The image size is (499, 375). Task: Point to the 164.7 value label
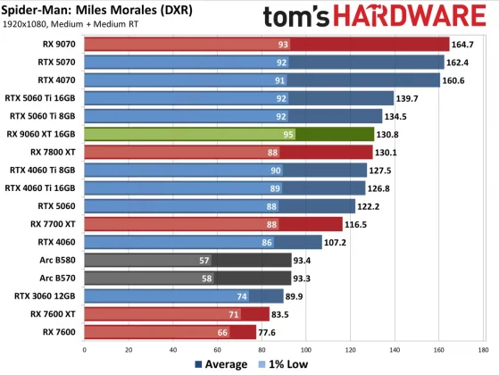(x=464, y=44)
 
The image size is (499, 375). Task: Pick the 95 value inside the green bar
(x=287, y=134)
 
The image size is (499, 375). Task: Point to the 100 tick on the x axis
(x=306, y=348)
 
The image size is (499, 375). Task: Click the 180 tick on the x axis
(x=483, y=348)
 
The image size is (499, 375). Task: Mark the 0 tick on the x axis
(x=84, y=348)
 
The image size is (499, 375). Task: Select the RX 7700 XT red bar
(x=213, y=224)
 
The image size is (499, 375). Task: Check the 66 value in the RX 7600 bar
(x=223, y=332)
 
